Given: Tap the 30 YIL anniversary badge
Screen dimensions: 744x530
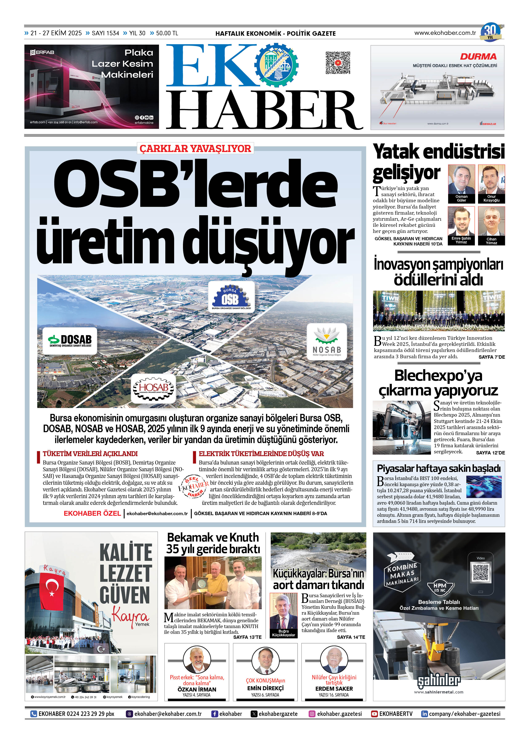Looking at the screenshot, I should pyautogui.click(x=490, y=32).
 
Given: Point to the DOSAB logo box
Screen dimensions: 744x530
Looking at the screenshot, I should pyautogui.click(x=70, y=341).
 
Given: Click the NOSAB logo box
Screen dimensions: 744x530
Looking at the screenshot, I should pyautogui.click(x=326, y=341).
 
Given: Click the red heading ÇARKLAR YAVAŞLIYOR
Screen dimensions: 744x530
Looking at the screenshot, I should pyautogui.click(x=195, y=149).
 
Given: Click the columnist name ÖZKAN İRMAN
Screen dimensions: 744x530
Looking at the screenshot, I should pyautogui.click(x=197, y=689).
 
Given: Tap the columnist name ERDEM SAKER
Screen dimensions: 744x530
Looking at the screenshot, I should pyautogui.click(x=334, y=689).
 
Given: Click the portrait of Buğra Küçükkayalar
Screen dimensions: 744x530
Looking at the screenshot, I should pyautogui.click(x=283, y=613).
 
